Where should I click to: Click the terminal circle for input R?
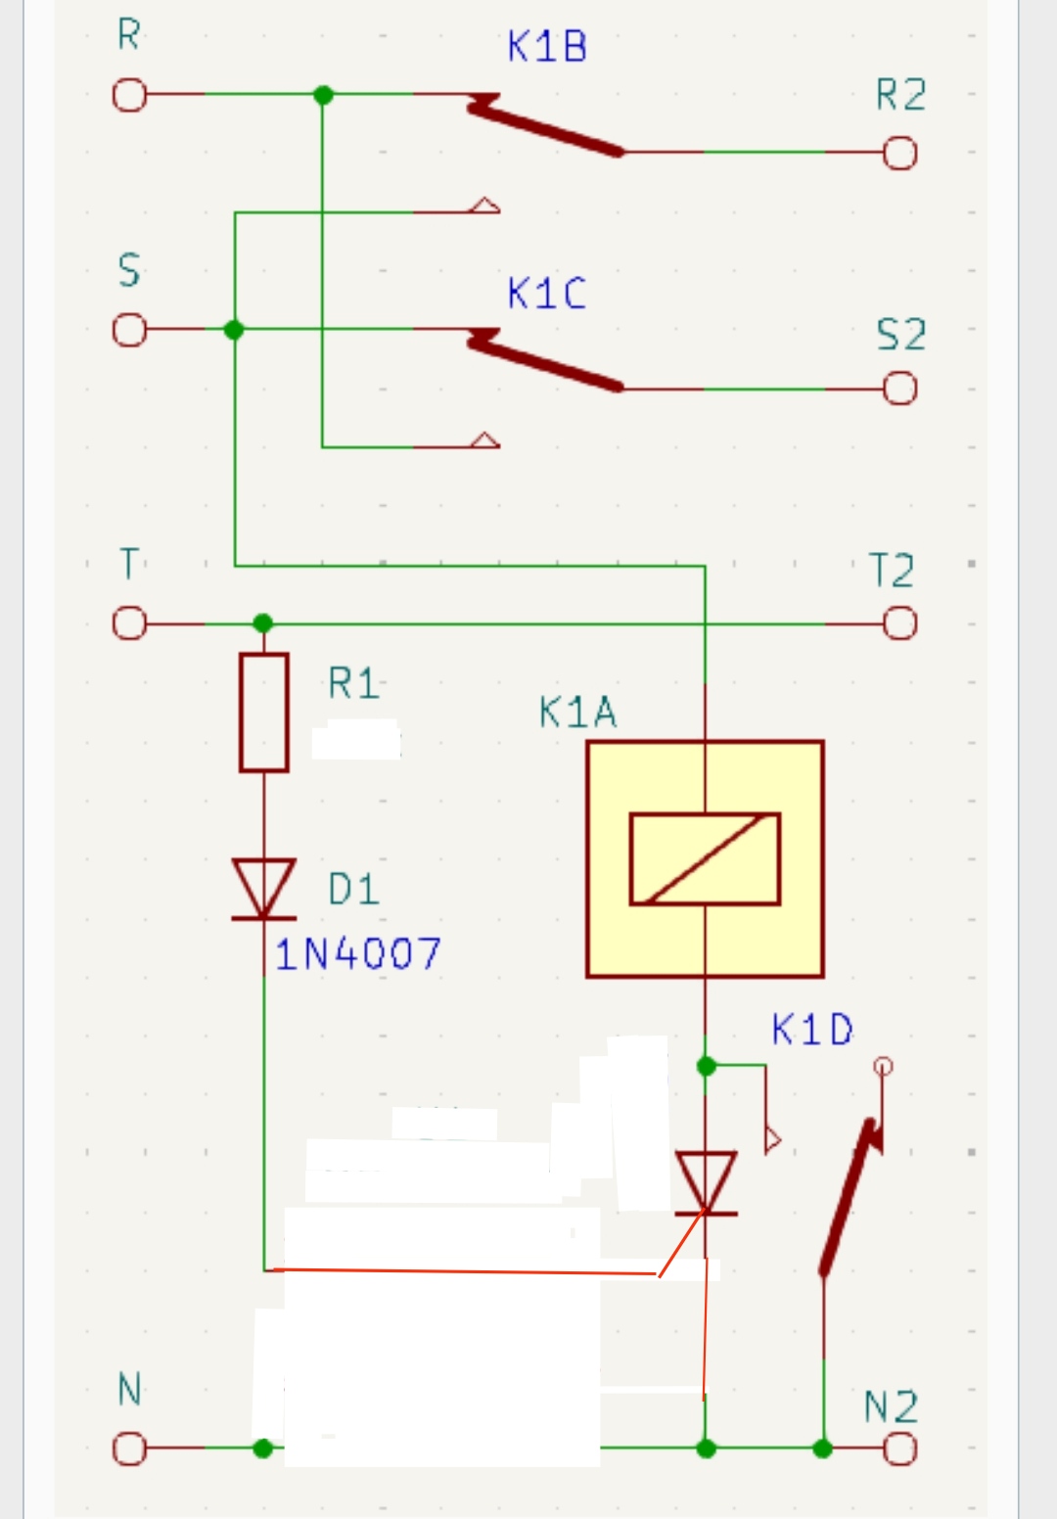[x=128, y=96]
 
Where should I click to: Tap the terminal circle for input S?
[x=128, y=331]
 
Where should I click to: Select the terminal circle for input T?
[x=128, y=623]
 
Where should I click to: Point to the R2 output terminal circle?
[x=900, y=154]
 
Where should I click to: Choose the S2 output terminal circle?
[x=900, y=389]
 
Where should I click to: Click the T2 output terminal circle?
[x=900, y=623]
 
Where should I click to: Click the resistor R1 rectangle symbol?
[x=263, y=713]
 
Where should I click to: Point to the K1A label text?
[x=577, y=713]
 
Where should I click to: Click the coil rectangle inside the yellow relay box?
[x=705, y=858]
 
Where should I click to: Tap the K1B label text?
[x=547, y=47]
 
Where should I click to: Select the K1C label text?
[x=547, y=294]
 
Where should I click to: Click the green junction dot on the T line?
[x=262, y=623]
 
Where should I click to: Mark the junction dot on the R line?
[x=323, y=95]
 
